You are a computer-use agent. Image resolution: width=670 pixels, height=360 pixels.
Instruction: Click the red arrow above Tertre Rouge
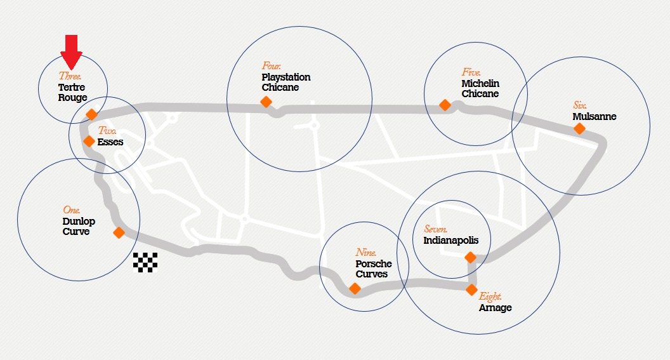coord(71,51)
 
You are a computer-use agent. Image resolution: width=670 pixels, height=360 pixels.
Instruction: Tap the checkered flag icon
coord(145,262)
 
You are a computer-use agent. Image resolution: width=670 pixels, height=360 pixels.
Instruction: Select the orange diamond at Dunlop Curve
coord(119,232)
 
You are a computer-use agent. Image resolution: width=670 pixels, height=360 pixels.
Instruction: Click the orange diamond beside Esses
coord(89,141)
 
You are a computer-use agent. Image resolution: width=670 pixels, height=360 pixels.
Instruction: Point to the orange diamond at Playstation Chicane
coord(266,102)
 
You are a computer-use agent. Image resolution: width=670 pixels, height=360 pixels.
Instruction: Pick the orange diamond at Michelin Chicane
coord(445,105)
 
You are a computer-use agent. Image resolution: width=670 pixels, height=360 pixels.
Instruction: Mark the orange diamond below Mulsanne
coord(579,128)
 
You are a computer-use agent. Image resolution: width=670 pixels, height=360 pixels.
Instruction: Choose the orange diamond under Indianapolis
coord(470,257)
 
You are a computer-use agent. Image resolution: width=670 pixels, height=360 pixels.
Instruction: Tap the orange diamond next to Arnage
coord(471,290)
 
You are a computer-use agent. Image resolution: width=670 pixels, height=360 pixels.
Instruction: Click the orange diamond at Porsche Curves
coord(355,289)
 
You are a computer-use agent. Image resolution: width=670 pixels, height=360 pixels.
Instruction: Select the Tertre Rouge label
coord(72,92)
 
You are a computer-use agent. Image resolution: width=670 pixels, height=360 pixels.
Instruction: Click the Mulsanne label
coord(594,116)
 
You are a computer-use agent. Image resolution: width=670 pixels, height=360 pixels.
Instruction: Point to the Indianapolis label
coord(451,240)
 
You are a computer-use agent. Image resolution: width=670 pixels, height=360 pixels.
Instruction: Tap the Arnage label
coord(496,308)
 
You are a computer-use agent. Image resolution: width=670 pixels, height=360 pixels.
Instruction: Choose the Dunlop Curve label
coord(79,226)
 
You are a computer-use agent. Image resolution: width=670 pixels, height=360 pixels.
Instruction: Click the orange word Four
coord(271,66)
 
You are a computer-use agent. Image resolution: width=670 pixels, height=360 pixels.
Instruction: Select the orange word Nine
coord(365,252)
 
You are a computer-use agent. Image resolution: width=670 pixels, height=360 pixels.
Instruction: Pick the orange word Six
coord(580,105)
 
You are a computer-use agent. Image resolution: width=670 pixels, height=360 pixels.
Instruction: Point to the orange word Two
coord(107,130)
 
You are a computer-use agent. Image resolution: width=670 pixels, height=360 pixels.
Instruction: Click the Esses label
coord(110,142)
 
